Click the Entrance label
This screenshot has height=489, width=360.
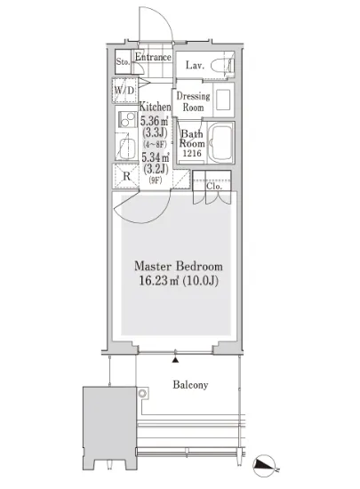tap(153, 57)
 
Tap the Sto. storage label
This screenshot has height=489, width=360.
tap(123, 61)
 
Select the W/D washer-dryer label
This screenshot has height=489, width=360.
tap(124, 91)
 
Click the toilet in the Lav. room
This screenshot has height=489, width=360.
tap(222, 66)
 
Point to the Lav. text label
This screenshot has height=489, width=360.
tap(195, 65)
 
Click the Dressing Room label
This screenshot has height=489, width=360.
tap(193, 101)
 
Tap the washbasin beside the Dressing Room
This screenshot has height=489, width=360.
tap(223, 100)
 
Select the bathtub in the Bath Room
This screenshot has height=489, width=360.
tap(220, 142)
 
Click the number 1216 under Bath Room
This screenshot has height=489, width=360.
tap(192, 153)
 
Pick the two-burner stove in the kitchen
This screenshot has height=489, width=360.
tap(127, 119)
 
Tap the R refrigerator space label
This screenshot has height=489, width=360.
tap(126, 176)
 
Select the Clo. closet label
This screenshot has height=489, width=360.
tap(214, 186)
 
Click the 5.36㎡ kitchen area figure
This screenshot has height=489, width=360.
tap(155, 120)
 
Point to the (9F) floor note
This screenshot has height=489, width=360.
tap(156, 180)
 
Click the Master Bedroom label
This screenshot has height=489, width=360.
tap(179, 267)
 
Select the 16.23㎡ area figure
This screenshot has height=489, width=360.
tap(158, 281)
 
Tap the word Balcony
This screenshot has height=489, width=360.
tap(190, 385)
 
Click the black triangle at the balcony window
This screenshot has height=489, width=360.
tap(176, 360)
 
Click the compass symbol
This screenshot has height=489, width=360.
tap(265, 466)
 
